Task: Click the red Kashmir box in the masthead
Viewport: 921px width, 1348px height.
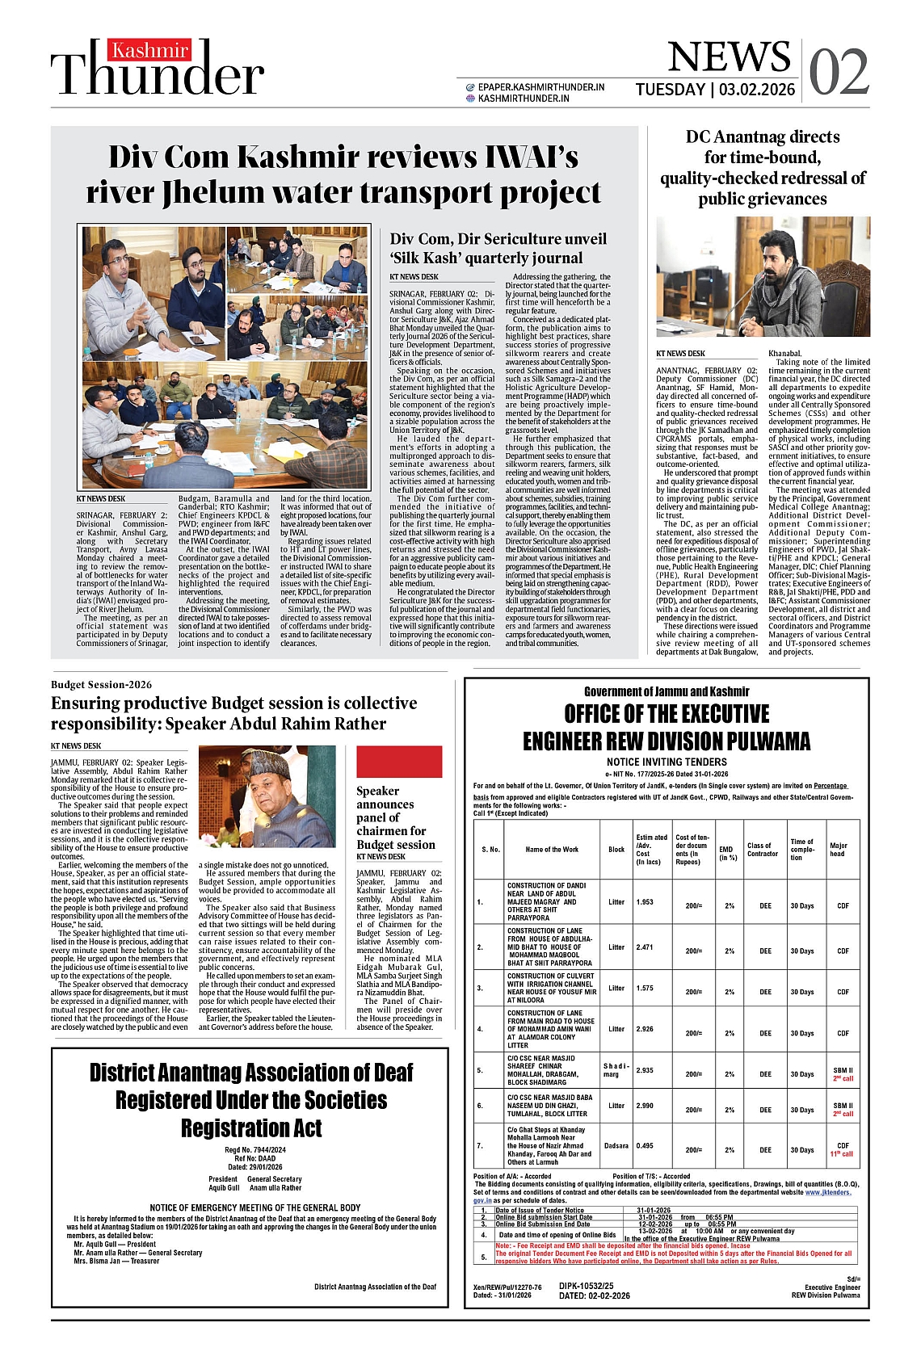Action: click(x=150, y=52)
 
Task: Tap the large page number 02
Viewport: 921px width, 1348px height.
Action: click(x=839, y=73)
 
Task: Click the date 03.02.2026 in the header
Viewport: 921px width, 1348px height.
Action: click(x=757, y=90)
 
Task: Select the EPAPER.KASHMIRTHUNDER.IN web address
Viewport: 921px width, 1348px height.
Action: click(x=540, y=87)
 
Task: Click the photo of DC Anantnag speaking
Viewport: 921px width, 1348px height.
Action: click(x=763, y=276)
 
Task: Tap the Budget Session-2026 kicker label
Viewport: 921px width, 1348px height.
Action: click(x=101, y=685)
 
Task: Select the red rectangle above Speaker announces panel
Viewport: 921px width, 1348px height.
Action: click(x=399, y=762)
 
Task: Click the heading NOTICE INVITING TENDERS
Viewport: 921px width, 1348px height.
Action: click(x=667, y=762)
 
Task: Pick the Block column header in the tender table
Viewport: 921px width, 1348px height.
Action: click(x=616, y=849)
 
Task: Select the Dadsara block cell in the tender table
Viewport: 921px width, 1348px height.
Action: click(x=616, y=1146)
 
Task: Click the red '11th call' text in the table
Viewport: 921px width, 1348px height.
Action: click(x=842, y=1154)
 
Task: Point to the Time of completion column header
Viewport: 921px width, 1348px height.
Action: click(x=802, y=850)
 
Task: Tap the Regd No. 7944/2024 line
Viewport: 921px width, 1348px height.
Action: click(x=255, y=1150)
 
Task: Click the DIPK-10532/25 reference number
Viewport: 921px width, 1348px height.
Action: click(x=587, y=1286)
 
